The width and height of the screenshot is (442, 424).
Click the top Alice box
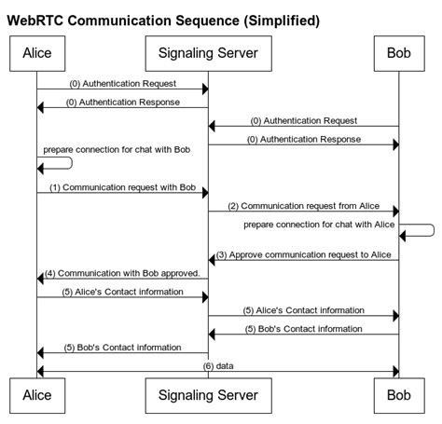coord(36,53)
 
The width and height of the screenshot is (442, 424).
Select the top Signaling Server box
coord(207,53)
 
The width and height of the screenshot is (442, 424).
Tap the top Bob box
coord(398,53)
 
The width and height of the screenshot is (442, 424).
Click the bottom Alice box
coord(36,395)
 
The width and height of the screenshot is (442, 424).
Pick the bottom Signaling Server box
coord(207,395)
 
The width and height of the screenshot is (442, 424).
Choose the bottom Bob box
coord(398,395)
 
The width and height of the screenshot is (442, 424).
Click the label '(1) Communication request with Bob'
coord(121,186)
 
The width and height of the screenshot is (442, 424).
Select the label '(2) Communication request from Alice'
coord(303,205)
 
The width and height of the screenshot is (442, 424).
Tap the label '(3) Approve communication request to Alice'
coord(303,253)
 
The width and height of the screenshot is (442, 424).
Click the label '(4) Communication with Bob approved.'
coord(121,273)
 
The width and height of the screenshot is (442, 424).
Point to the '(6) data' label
coord(217,366)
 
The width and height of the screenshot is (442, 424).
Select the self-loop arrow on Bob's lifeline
coord(420,230)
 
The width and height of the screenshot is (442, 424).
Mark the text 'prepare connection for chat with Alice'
coord(320,225)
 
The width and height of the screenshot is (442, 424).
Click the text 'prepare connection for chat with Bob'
coord(116,150)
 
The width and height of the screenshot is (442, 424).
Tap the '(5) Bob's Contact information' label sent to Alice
coord(121,348)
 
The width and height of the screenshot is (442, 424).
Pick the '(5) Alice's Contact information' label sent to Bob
coord(303,309)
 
